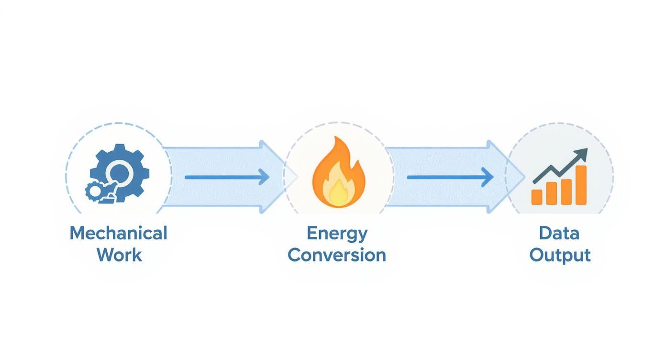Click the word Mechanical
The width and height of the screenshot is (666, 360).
(x=118, y=233)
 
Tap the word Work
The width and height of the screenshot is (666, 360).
(x=119, y=255)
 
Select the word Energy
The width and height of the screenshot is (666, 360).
(x=337, y=233)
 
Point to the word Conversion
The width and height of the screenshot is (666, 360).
(x=337, y=255)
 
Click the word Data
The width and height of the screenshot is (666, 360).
(x=559, y=233)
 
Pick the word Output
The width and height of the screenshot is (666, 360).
(x=560, y=255)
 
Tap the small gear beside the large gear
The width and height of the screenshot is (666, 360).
(x=94, y=191)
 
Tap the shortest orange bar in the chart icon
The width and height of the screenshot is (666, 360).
(x=537, y=197)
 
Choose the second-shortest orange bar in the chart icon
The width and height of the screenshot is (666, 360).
(x=551, y=193)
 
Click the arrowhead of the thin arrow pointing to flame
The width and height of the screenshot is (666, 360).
(x=264, y=177)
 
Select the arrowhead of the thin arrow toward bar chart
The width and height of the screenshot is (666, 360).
(x=487, y=177)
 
